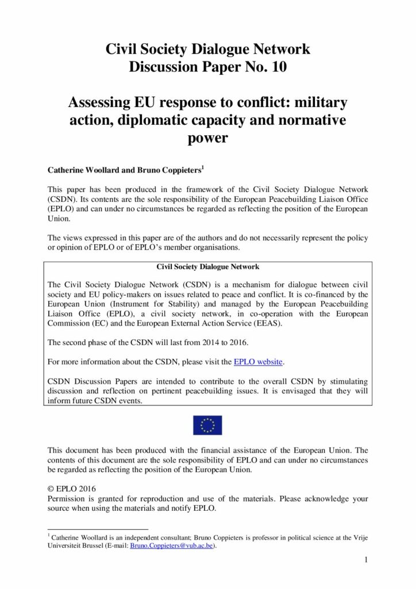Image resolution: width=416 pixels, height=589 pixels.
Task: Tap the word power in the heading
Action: pos(207,139)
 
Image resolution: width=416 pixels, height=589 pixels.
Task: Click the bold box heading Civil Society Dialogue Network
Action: pos(207,267)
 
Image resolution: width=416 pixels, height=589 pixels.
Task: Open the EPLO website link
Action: pos(258,362)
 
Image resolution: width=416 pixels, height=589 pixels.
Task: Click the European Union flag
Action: pos(207,425)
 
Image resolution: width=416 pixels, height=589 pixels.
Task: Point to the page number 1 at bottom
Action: pos(365,560)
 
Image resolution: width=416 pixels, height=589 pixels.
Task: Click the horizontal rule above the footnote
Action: pos(97,529)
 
